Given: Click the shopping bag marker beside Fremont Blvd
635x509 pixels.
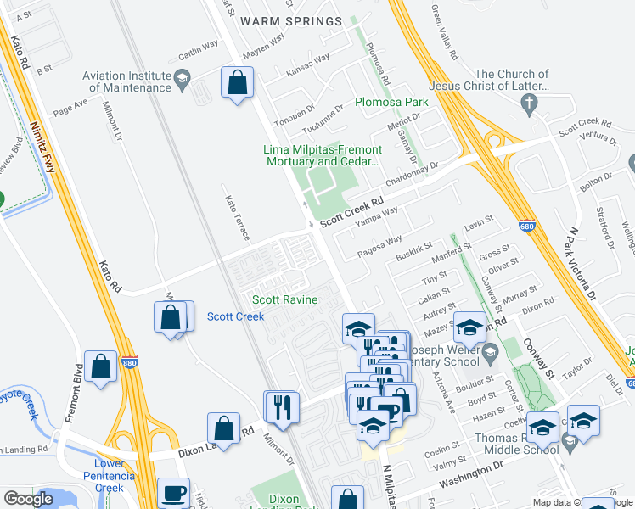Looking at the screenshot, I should click(x=101, y=366).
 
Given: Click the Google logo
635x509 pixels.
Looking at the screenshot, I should click(x=28, y=499).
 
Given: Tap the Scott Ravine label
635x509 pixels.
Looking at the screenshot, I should click(x=284, y=299).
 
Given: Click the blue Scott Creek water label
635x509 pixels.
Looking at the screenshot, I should click(x=235, y=316).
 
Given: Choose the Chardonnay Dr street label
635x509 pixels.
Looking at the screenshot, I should click(x=411, y=175).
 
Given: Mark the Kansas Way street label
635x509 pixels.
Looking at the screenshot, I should click(x=308, y=66).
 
